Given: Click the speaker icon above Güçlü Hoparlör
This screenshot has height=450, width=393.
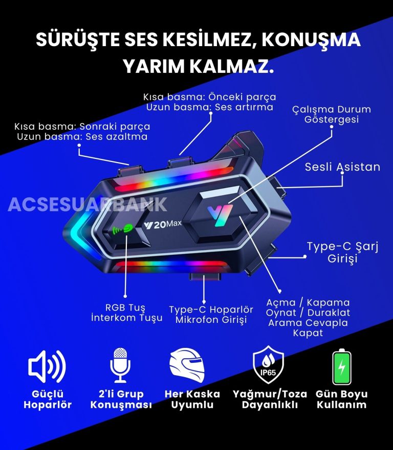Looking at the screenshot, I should [x=47, y=366].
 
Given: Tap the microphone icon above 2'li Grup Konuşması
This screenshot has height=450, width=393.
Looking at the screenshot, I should [x=120, y=364].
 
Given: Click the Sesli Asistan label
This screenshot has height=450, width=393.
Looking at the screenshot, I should [x=342, y=167].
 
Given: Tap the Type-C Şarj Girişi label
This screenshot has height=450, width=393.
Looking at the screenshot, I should [x=342, y=252].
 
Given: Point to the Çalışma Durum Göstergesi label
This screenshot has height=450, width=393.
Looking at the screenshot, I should [x=332, y=114].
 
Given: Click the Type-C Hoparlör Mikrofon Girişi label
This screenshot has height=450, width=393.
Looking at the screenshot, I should [x=211, y=315].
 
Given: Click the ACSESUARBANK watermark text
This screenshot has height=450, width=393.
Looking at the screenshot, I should [x=88, y=204].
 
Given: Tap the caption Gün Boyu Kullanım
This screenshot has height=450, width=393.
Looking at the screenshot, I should [x=342, y=399].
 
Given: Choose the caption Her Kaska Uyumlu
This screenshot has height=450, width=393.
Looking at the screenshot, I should [x=192, y=399].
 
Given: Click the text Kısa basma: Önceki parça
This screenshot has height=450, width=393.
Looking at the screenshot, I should [x=209, y=97].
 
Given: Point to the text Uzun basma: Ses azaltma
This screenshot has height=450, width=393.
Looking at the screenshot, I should [x=82, y=137].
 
